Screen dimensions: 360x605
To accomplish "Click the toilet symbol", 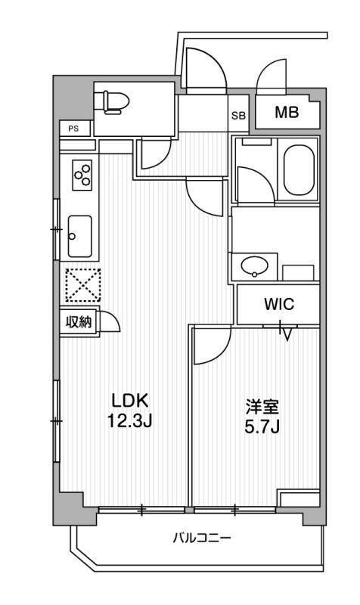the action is pos(116,102).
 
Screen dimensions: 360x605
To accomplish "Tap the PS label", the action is pos(73,129).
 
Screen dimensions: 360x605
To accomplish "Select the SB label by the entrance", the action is pos(238,116).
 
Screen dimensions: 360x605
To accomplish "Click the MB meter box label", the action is pos(287,113).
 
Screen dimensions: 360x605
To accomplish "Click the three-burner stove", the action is pos(82,175).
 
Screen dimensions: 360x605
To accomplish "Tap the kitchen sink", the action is pos(80,236).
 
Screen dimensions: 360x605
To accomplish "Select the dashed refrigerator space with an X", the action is pos(82,285).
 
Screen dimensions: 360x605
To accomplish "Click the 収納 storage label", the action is pos(79,321).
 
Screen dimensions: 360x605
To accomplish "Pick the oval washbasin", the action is pos(255,265).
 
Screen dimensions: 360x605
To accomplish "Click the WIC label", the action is pos(279,304).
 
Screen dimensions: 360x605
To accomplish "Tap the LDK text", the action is pos(129,401).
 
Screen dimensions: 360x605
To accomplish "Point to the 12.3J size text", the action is pos(129,421).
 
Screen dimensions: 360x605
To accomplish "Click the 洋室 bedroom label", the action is pos(262,407).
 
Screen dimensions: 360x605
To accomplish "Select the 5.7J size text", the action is pos(262,427).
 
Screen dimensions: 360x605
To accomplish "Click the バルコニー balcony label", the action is pos(202,538).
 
